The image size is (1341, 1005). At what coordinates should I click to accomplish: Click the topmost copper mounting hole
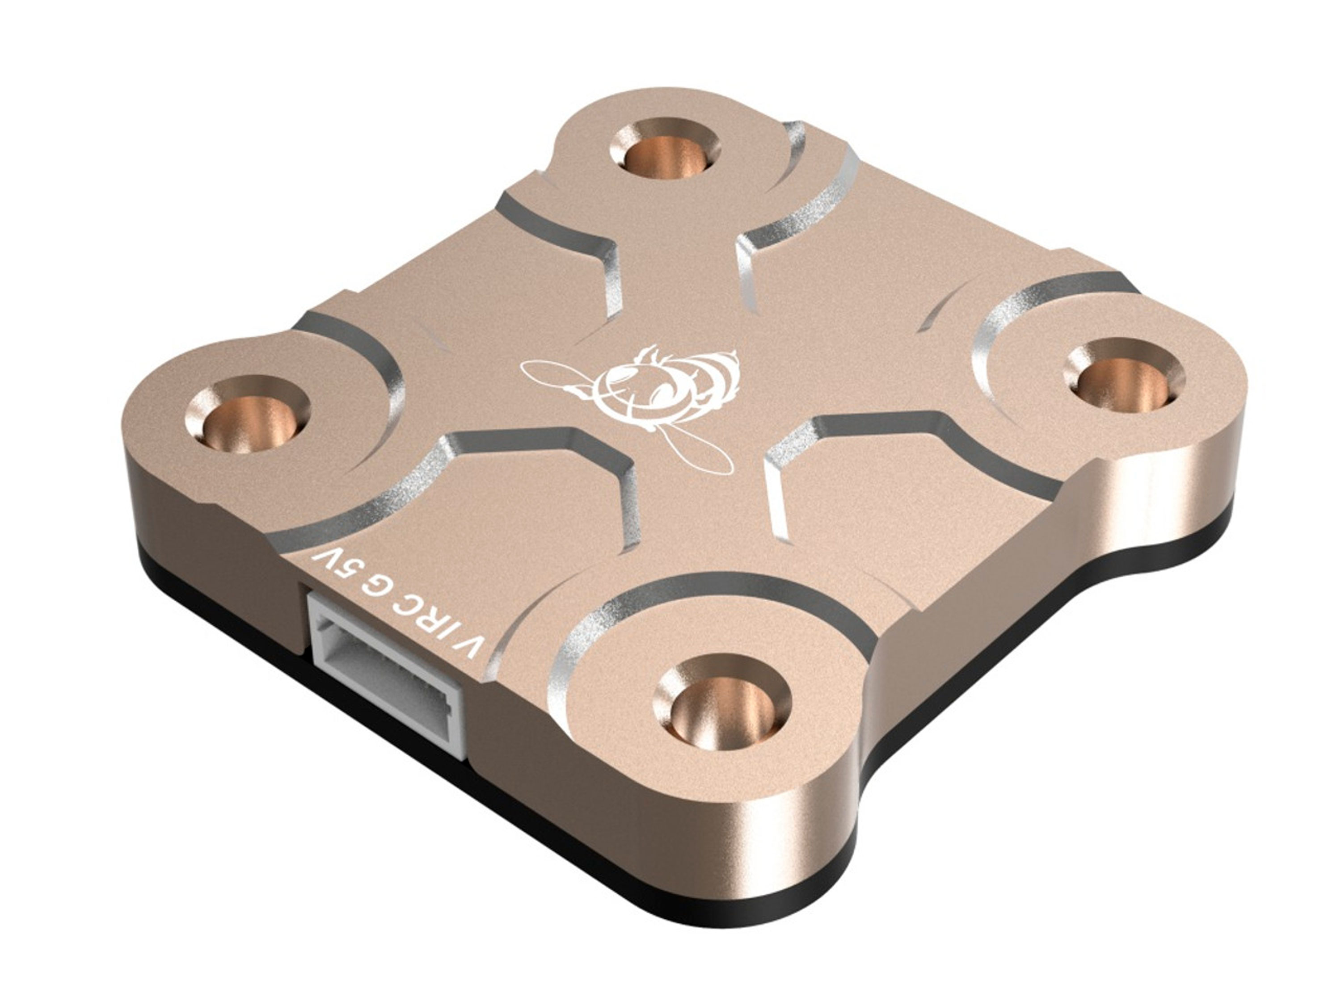pos(665,152)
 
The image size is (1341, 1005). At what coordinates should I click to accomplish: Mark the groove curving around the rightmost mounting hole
pos(994,339)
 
